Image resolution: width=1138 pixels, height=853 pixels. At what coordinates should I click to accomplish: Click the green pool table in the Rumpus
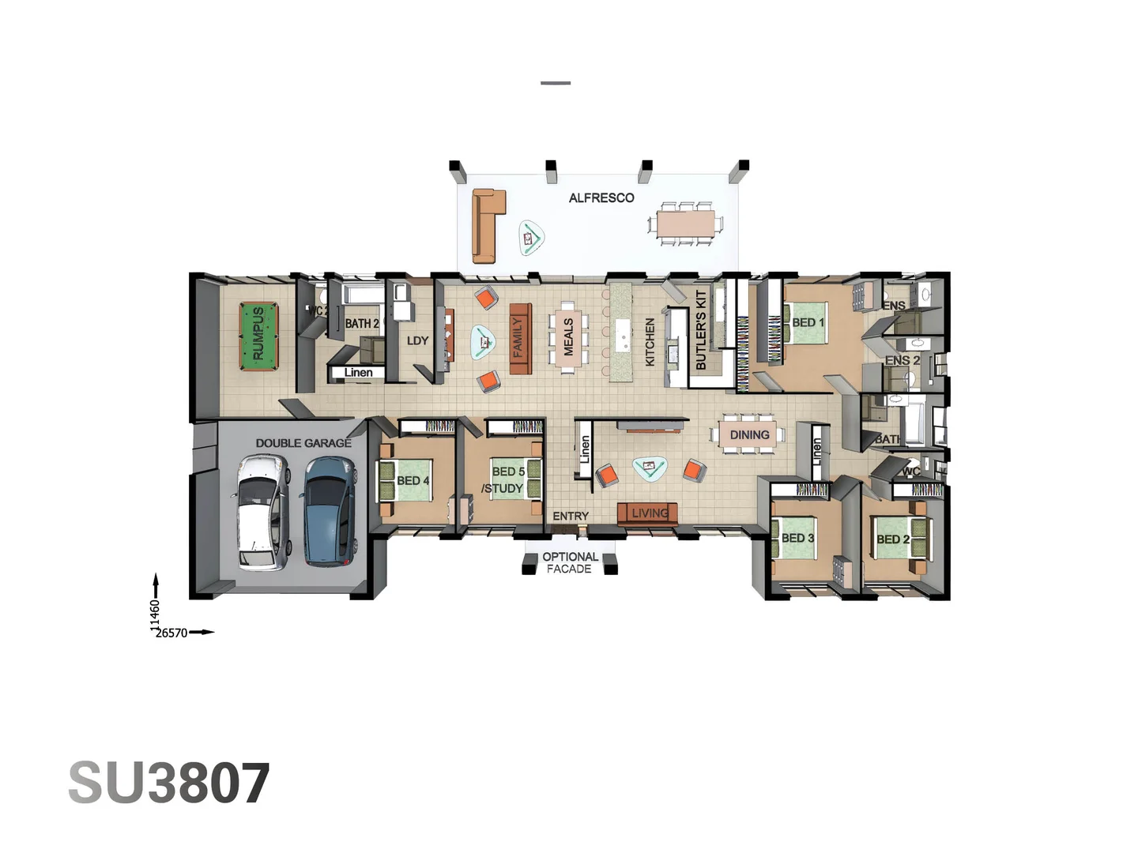pos(258,336)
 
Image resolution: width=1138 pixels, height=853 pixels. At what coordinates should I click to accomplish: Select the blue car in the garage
pos(328,511)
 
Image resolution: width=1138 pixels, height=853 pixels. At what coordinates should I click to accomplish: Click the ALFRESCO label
pos(601,197)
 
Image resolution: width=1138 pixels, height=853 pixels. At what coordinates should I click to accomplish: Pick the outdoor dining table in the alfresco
pos(685,224)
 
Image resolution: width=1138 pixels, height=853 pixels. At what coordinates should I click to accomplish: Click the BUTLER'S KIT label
pos(701,330)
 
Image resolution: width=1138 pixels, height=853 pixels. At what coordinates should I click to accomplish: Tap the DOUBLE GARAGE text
pos(303,443)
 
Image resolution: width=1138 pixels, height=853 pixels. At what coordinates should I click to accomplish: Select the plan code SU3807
pos(169,783)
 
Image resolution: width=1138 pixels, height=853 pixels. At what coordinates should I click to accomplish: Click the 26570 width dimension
pos(171,633)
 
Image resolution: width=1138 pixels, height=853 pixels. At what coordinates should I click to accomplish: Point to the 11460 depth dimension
pos(155,615)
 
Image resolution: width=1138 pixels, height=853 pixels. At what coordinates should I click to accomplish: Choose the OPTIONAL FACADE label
pos(570,562)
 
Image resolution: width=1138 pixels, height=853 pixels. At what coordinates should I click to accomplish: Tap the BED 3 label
pos(797,538)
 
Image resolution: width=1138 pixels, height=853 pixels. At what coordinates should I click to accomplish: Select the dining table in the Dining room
pos(748,435)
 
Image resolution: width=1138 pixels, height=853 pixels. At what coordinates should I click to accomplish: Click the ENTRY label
pos(571,516)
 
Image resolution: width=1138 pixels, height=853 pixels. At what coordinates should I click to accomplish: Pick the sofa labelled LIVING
pos(648,513)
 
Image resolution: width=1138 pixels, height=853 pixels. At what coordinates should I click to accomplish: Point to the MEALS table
pos(568,336)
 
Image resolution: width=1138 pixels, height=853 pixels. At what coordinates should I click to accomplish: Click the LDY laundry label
pos(417,340)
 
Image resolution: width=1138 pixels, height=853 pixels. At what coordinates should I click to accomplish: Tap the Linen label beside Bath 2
pos(358,372)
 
